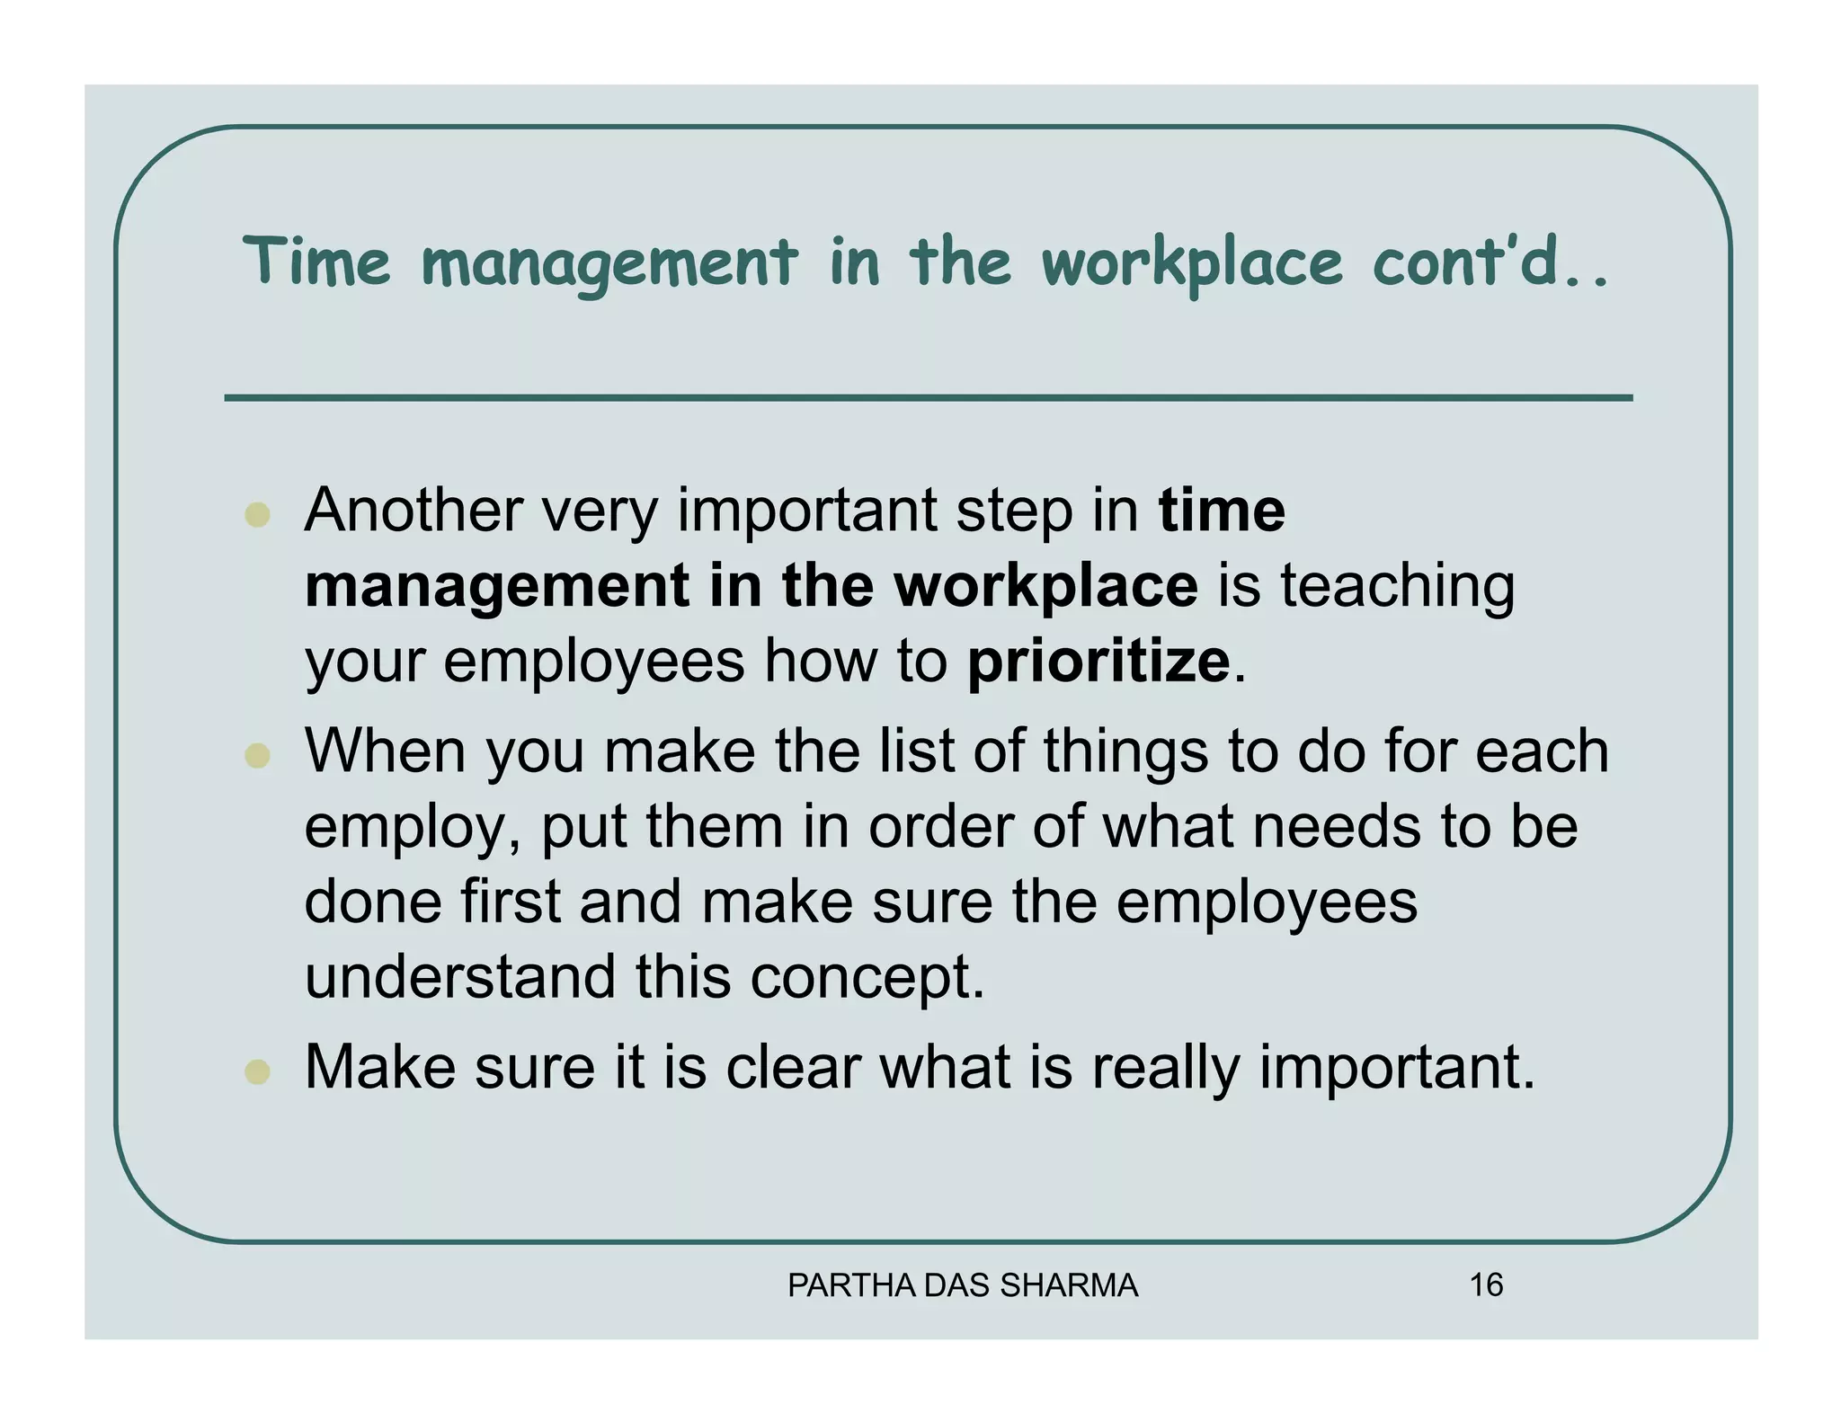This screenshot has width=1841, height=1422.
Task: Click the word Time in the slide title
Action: (316, 262)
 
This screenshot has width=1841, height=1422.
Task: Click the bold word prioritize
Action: (1098, 662)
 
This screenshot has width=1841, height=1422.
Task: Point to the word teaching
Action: (1397, 586)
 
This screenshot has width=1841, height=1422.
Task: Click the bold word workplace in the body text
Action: (1045, 586)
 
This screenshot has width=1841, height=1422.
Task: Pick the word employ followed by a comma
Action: (413, 827)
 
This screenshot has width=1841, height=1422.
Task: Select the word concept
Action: (867, 977)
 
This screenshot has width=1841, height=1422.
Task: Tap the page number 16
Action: (1486, 1285)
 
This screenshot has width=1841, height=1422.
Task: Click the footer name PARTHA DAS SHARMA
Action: (963, 1286)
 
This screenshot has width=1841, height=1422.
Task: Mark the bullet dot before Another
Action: (258, 514)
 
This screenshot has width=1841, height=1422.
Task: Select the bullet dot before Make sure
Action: (258, 1071)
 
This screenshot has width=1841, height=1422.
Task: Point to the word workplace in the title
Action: (1192, 262)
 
